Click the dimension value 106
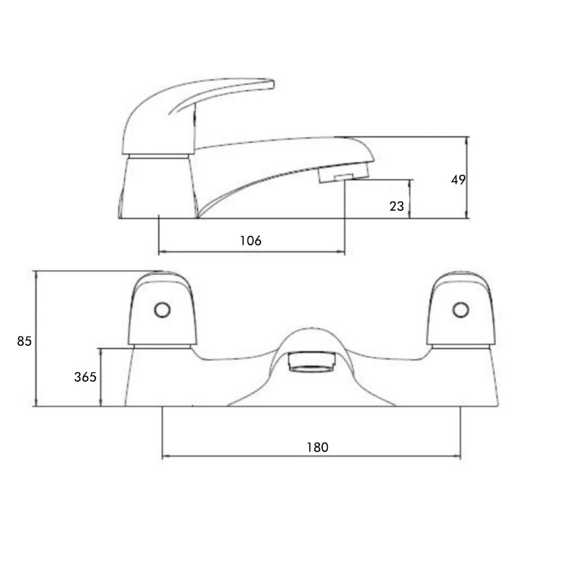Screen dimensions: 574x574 tap(250, 240)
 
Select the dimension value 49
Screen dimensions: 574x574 tap(458, 180)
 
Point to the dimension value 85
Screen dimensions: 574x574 tap(24, 342)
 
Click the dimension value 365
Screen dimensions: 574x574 tap(85, 377)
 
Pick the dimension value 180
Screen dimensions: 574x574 tap(317, 446)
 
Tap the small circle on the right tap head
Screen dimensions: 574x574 tap(459, 311)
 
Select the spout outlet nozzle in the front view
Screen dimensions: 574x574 tap(311, 362)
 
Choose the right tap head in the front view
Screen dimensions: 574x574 tap(459, 309)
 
